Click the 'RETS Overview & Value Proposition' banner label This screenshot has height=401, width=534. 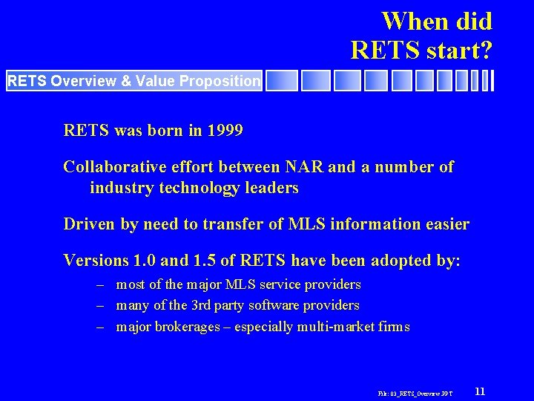134,81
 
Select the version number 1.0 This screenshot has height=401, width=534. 142,261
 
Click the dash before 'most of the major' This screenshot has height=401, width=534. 99,284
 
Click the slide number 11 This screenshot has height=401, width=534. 480,391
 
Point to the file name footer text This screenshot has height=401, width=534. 416,392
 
